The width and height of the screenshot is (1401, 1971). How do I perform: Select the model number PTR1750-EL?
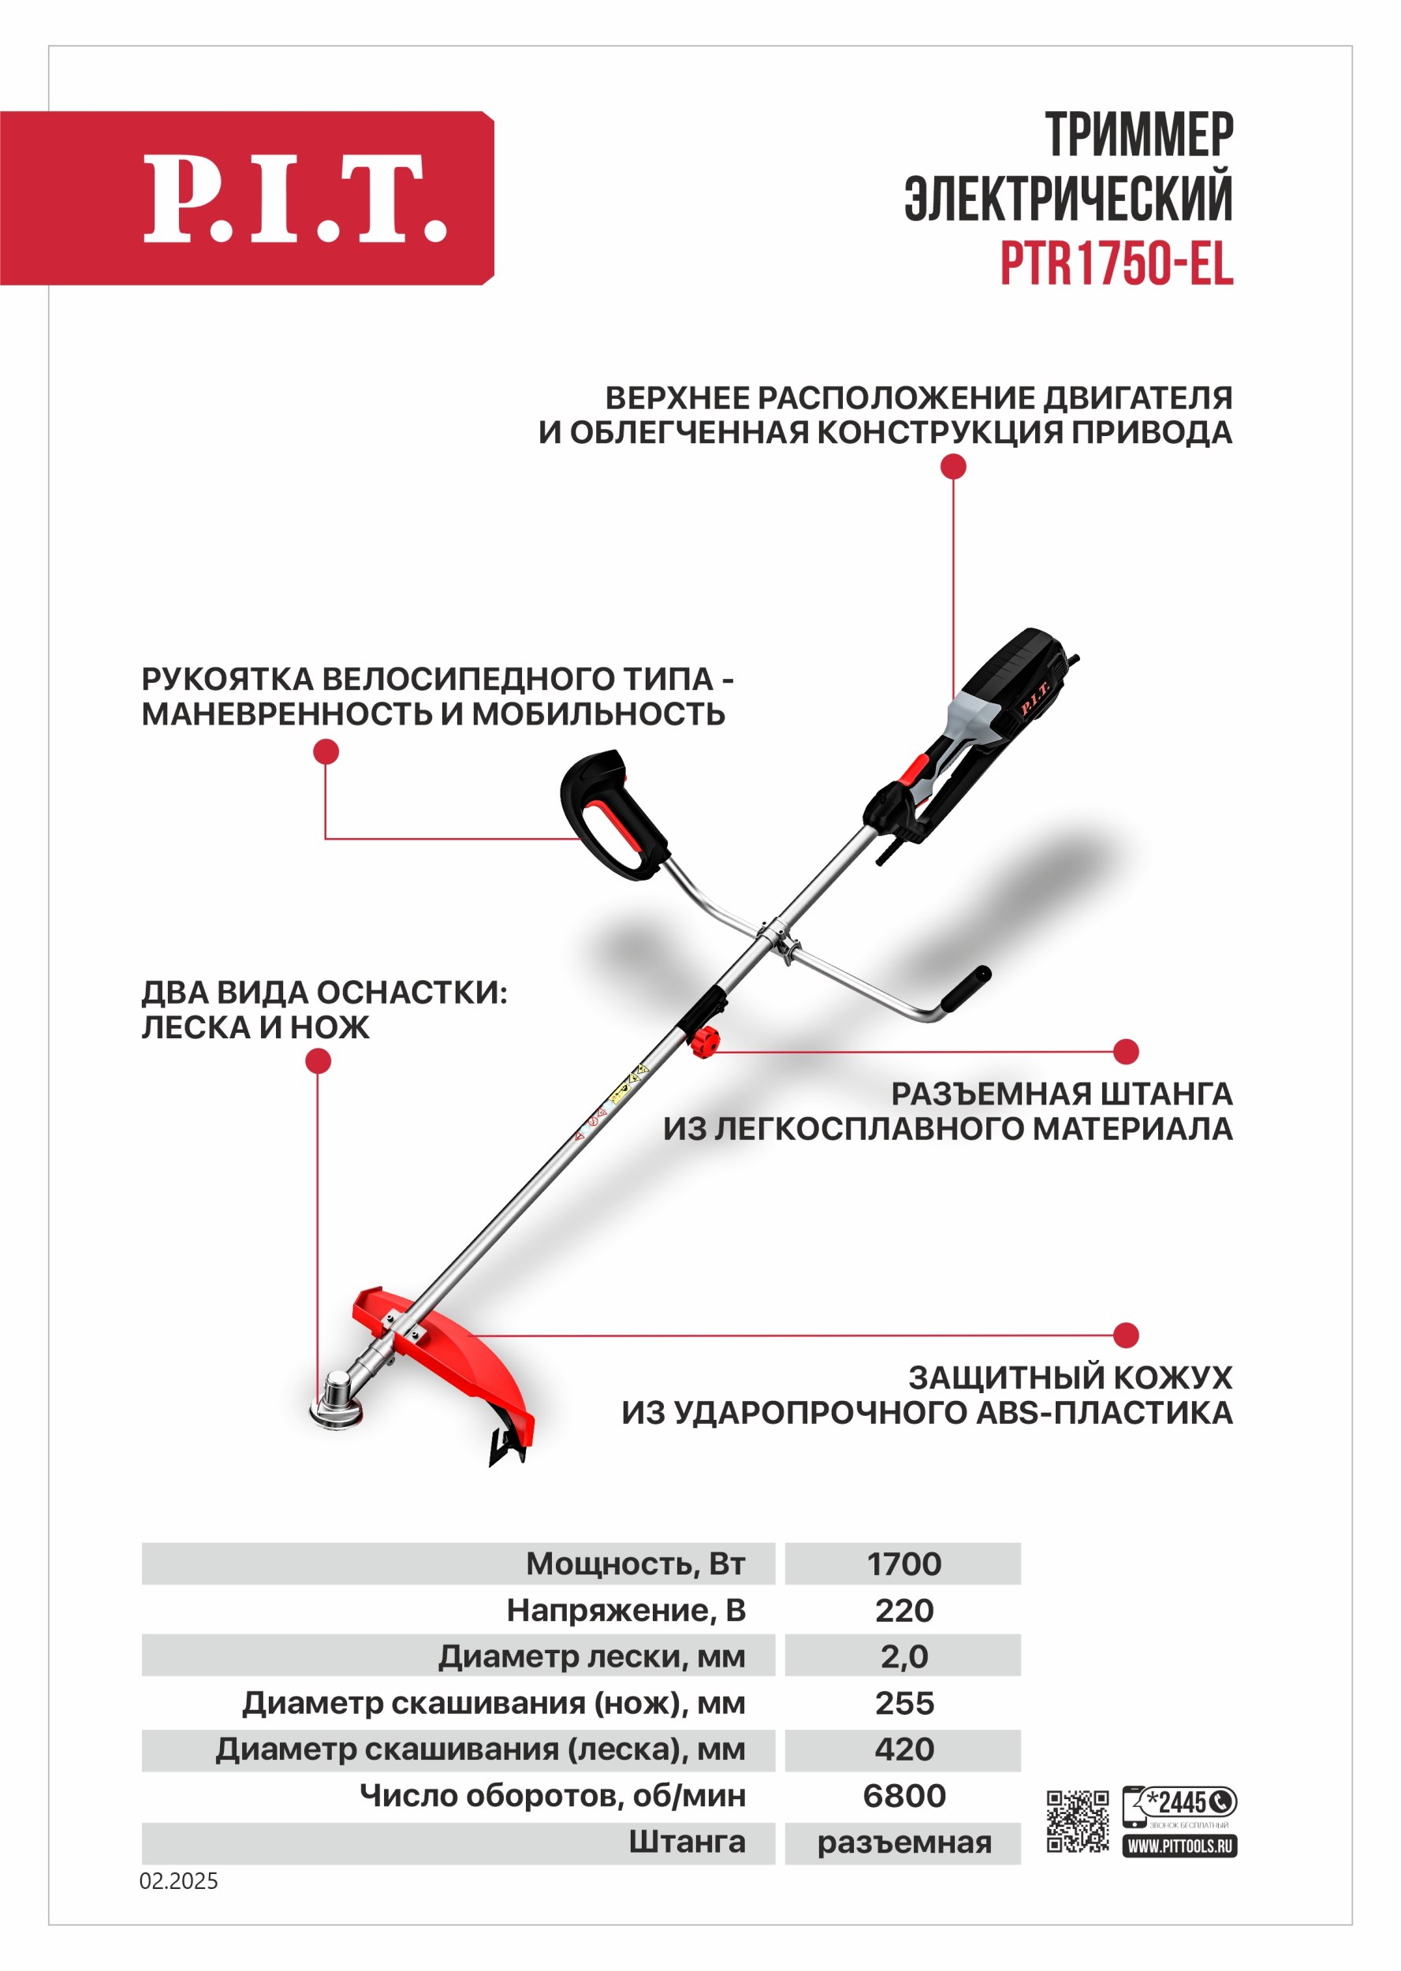pyautogui.click(x=1116, y=263)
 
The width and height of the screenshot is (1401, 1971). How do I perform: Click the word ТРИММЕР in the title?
pyautogui.click(x=1138, y=136)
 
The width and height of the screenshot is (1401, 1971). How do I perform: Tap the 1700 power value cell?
pyautogui.click(x=904, y=1564)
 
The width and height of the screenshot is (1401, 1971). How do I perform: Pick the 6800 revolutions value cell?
pyautogui.click(x=904, y=1796)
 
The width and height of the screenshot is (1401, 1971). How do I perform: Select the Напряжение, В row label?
pyautogui.click(x=626, y=1611)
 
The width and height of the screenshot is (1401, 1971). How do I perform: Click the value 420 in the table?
pyautogui.click(x=904, y=1749)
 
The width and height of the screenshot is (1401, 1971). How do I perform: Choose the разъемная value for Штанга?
pyautogui.click(x=904, y=1842)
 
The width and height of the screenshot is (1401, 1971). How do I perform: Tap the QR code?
pyautogui.click(x=1078, y=1821)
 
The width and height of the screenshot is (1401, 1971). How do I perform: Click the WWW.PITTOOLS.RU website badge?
pyautogui.click(x=1179, y=1846)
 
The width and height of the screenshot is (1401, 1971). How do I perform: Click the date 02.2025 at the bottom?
pyautogui.click(x=179, y=1881)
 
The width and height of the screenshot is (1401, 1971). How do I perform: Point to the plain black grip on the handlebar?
pyautogui.click(x=965, y=989)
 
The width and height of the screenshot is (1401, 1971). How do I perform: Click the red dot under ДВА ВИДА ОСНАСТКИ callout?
pyautogui.click(x=319, y=1061)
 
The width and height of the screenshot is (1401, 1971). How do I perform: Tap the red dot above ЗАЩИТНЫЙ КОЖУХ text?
pyautogui.click(x=1126, y=1336)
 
